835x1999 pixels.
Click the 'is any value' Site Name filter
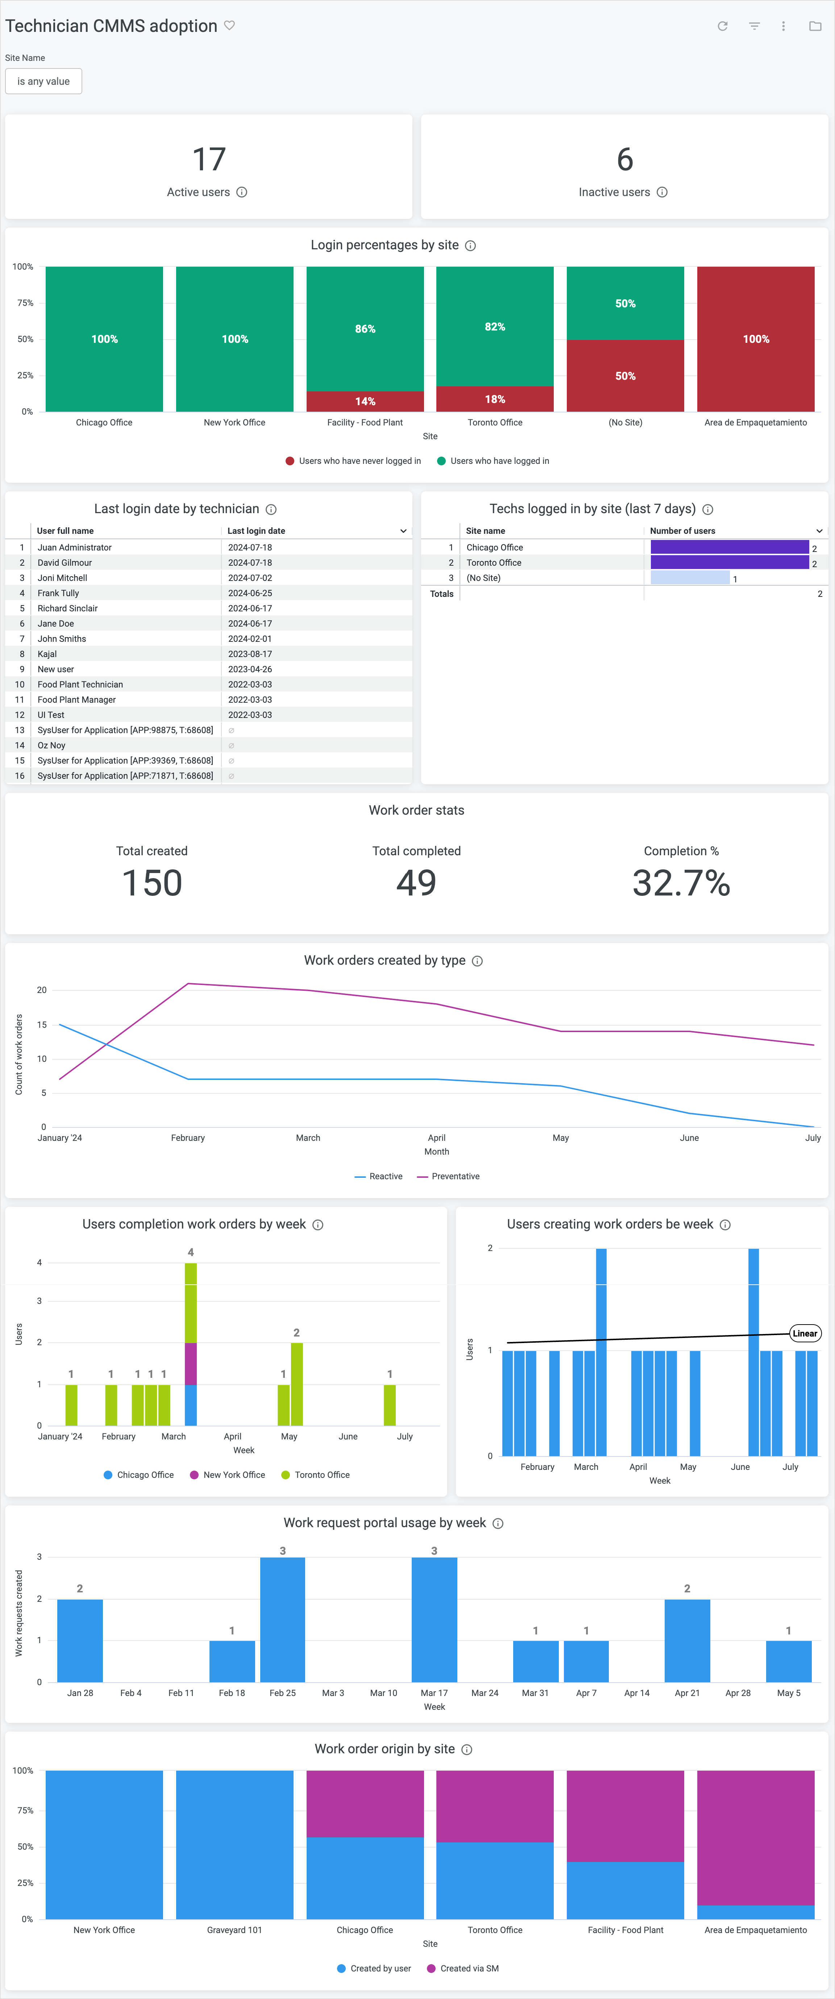[x=43, y=82]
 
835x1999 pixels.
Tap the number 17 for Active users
[x=209, y=160]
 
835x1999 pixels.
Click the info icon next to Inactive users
[x=662, y=192]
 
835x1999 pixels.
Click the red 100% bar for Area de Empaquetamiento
[x=755, y=339]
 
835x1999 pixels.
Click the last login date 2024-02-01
[x=250, y=639]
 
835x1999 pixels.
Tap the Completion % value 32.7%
[x=681, y=883]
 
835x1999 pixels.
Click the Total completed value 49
[x=416, y=883]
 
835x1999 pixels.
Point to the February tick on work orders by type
[x=188, y=1138]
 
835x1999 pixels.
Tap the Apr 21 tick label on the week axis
[x=687, y=1693]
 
